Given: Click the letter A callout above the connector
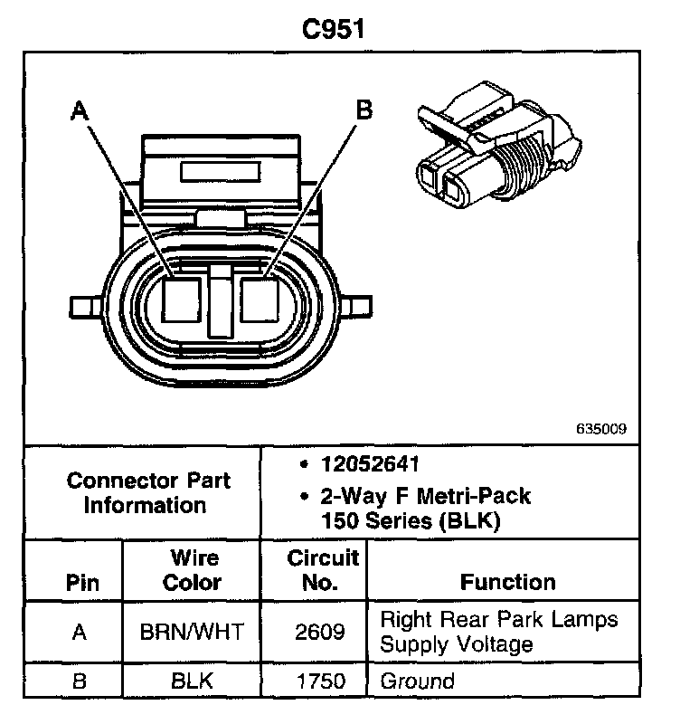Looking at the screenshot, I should coord(80,110).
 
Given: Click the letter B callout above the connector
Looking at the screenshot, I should coord(364,110).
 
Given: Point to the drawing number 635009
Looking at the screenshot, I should coord(600,430).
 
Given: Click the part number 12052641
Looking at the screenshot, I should coord(370,465).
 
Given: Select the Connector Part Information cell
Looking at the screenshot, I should coord(145,493).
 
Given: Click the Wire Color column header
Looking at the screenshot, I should coord(192,569).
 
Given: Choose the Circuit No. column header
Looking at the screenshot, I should coord(322,569).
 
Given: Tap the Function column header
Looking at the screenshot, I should coord(507,581).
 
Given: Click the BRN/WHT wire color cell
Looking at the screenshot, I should coord(192,632).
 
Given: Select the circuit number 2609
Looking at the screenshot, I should coord(320,632).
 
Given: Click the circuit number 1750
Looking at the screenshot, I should coord(320,681).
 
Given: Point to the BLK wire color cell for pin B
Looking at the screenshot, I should coord(192,681).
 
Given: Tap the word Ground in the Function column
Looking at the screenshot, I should coord(417,681).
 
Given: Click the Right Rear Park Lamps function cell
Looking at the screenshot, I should coord(499,632).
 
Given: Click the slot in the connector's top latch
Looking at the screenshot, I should coord(221,172).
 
